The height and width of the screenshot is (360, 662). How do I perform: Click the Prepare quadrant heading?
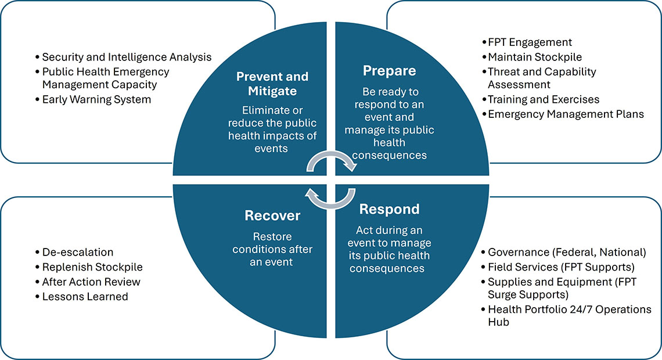click(389, 70)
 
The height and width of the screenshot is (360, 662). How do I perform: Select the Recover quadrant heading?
click(272, 215)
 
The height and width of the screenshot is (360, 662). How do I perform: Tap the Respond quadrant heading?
click(389, 208)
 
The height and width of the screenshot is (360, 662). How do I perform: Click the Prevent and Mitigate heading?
click(272, 84)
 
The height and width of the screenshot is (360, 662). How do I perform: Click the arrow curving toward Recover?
click(330, 197)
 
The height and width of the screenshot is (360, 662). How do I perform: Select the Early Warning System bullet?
click(96, 99)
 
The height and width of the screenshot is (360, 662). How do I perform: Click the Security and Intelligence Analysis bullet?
click(127, 57)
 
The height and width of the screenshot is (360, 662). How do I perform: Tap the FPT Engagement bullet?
click(530, 42)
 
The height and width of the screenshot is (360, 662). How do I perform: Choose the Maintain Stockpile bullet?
click(535, 57)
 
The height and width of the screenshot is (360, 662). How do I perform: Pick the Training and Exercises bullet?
click(544, 99)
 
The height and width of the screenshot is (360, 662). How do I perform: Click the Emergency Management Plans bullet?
click(566, 114)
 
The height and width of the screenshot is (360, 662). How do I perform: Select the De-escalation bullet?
click(78, 252)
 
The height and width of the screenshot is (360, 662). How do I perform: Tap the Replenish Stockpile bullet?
click(92, 267)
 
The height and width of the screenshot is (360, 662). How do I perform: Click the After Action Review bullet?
click(91, 282)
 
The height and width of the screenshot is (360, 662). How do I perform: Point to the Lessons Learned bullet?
click(85, 296)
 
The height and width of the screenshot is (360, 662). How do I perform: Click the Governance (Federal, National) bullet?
click(567, 252)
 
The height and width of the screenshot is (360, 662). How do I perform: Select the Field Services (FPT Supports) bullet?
click(561, 267)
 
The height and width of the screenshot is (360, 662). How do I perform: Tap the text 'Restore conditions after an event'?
click(272, 249)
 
